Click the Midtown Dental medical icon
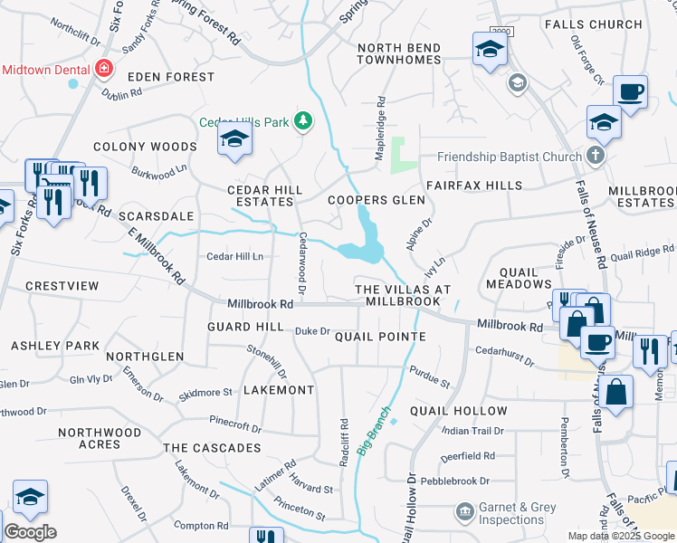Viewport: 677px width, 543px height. coord(104,69)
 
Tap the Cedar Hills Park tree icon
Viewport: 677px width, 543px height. coord(305,121)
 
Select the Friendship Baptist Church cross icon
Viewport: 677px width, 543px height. coord(595,157)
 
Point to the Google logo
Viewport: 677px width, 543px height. coord(30,531)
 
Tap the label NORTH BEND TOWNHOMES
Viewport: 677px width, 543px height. coord(398,53)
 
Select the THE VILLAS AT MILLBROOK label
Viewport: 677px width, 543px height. coord(403,295)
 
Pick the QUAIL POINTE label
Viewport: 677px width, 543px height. coord(380,337)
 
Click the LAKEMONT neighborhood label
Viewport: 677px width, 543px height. coord(279,390)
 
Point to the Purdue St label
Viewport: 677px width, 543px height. coord(430,376)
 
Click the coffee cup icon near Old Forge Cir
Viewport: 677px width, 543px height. coord(630,91)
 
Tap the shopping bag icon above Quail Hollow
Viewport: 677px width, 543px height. coord(615,393)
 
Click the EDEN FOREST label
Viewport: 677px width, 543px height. coord(170,78)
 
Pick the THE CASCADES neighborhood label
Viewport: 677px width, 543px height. coord(212,448)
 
